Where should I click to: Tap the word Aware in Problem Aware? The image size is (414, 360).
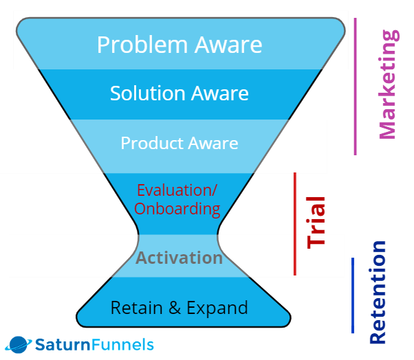click(x=228, y=45)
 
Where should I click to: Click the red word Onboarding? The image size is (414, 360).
click(x=177, y=208)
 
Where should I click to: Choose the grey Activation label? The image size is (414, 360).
click(x=179, y=258)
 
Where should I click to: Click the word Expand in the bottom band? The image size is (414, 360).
click(x=219, y=308)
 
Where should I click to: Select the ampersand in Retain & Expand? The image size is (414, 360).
click(x=175, y=307)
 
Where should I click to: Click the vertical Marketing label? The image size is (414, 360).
click(x=388, y=84)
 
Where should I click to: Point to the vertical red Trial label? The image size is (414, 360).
click(x=316, y=223)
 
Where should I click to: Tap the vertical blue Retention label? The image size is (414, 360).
click(x=378, y=293)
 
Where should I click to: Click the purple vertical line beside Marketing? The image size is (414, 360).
click(x=356, y=86)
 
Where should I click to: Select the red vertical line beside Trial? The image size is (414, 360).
click(x=294, y=224)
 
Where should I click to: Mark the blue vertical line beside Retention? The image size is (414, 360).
click(x=353, y=295)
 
